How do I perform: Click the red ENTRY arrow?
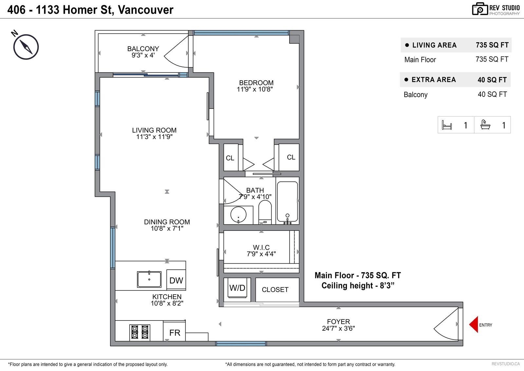[x=474, y=324]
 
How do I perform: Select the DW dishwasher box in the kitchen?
[x=176, y=280]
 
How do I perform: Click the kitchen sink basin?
[x=149, y=279]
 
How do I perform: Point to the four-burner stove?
[x=140, y=332]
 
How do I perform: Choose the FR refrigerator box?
[x=175, y=332]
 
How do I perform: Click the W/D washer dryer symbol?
[x=237, y=288]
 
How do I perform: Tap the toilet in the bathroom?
[x=265, y=212]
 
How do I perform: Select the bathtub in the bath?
[x=287, y=201]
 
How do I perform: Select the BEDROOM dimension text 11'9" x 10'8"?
[x=255, y=89]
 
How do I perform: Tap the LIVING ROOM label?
[x=154, y=130]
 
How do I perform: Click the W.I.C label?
[x=261, y=247]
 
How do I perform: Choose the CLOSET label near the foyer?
[x=275, y=290]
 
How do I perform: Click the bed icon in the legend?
[x=447, y=125]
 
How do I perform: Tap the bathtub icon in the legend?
[x=485, y=125]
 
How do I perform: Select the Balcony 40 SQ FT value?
[x=492, y=94]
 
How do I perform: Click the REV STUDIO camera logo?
[x=480, y=9]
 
